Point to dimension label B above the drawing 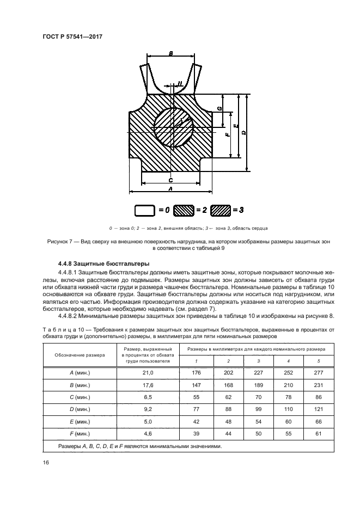(x=171, y=54)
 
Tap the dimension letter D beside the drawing (x=243, y=132)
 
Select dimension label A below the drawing (x=170, y=188)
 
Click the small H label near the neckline (x=180, y=83)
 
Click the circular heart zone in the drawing (x=173, y=128)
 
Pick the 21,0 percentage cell (x=148, y=372)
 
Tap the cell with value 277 (x=319, y=372)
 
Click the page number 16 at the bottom (x=46, y=462)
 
